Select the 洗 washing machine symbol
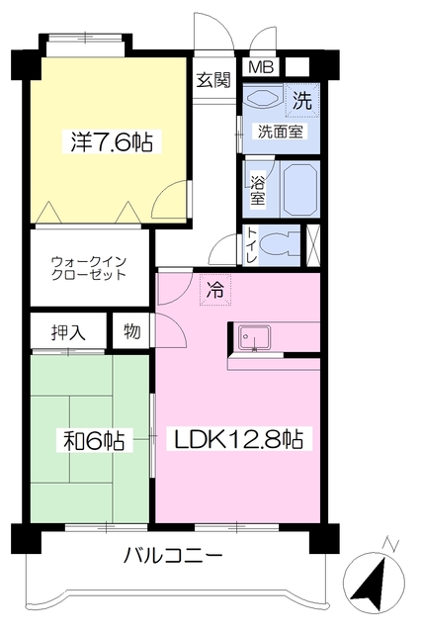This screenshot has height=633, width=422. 303,99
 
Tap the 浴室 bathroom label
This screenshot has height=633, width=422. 257,190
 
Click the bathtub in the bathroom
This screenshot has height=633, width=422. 299,188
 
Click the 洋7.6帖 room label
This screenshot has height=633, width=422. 111,141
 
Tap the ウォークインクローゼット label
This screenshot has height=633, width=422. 89,268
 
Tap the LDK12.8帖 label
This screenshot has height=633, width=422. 239,439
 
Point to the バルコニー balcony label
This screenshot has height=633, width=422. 173,555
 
